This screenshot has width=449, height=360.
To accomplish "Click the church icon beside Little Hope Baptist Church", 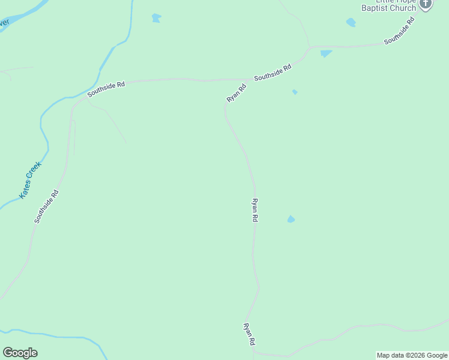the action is pos(426,4).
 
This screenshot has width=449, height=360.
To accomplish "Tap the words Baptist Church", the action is pos(388,8).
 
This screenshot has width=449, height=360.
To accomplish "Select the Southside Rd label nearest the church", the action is pos(400,31).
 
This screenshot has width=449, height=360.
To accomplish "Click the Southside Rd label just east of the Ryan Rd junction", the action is pos(273,73).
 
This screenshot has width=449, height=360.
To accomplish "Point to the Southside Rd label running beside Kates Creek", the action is pos(47,207).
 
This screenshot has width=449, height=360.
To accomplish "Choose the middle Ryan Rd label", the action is pos(255,211).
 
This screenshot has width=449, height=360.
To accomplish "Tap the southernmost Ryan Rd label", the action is pos(249,334).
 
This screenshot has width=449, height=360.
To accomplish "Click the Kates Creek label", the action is pos(30,179).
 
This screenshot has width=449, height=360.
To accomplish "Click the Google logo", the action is pos(20,353).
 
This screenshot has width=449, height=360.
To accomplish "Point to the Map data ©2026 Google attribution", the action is pos(412,355).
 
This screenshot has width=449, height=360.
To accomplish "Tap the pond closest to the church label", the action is pos(351,23).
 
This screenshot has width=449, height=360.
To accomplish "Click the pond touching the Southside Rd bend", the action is pos(326,53).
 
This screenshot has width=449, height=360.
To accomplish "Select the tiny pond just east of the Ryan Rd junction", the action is pos(294,92).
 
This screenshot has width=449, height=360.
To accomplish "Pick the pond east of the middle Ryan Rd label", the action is pos(291,219).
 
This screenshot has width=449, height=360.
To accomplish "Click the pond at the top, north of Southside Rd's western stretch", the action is pos(156,18).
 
